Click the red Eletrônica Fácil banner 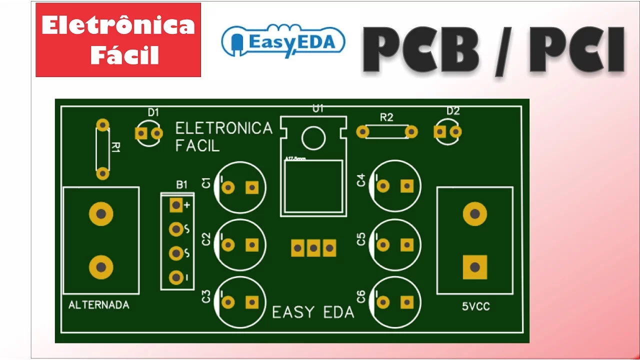point(118,40)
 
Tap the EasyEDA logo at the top point(283,40)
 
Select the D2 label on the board point(453,111)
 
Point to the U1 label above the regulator point(318,108)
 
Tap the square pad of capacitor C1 point(251,187)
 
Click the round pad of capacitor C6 point(383,302)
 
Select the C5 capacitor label point(361,239)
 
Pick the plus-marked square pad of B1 point(176,205)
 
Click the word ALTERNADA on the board point(98,304)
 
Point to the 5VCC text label point(476,306)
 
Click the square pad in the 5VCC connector point(474,267)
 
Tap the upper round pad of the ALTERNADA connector point(101,214)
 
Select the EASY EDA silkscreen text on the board point(313,312)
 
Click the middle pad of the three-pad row point(313,247)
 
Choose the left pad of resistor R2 point(362,131)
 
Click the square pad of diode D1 point(141,133)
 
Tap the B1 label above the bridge point(182,184)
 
